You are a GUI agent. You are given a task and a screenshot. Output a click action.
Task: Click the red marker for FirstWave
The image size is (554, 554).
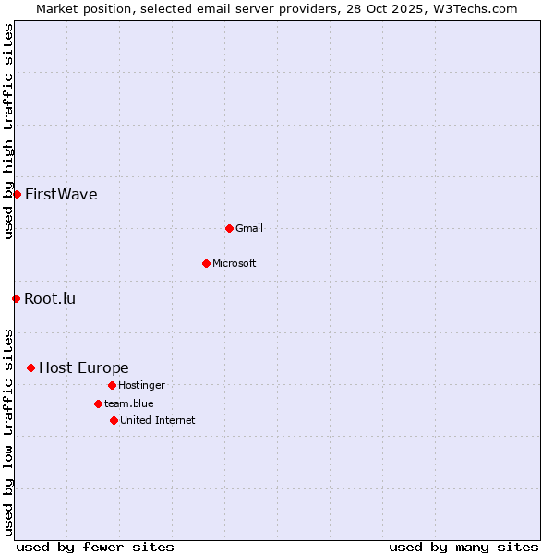pyautogui.click(x=17, y=194)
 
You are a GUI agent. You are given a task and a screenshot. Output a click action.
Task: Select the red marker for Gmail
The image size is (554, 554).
pyautogui.click(x=229, y=228)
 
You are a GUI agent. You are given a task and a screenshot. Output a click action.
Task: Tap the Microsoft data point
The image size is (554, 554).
pyautogui.click(x=206, y=263)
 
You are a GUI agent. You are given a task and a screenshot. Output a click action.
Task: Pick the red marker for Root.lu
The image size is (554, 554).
pyautogui.click(x=16, y=298)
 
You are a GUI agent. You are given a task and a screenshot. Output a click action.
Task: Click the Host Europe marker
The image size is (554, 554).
pyautogui.click(x=30, y=367)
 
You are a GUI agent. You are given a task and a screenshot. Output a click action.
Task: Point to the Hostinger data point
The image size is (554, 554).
pyautogui.click(x=112, y=385)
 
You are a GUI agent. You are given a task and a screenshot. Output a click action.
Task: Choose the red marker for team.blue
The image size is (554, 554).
pyautogui.click(x=98, y=403)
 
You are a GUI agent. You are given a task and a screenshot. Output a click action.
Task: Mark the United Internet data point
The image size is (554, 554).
pyautogui.click(x=114, y=420)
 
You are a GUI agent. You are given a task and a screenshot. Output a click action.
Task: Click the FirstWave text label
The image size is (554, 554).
pyautogui.click(x=61, y=194)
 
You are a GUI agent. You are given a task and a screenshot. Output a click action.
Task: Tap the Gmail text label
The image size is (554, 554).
pyautogui.click(x=249, y=228)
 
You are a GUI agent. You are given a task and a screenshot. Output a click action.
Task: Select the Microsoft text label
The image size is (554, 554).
pyautogui.click(x=235, y=263)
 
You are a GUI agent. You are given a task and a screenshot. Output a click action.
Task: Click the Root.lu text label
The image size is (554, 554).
pyautogui.click(x=50, y=298)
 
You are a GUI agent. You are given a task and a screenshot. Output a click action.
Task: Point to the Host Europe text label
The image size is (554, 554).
pyautogui.click(x=84, y=367)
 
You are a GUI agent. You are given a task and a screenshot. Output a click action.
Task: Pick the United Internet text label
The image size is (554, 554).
pyautogui.click(x=158, y=420)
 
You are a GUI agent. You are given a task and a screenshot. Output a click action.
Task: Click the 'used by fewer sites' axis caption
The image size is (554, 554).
pyautogui.click(x=95, y=547)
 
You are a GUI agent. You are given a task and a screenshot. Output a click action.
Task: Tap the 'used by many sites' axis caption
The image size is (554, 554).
pyautogui.click(x=464, y=547)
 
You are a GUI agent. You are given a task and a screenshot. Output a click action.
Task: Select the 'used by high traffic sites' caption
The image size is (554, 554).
pyautogui.click(x=8, y=131)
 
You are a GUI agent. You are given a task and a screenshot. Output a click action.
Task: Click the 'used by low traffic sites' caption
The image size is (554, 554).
pyautogui.click(x=8, y=431)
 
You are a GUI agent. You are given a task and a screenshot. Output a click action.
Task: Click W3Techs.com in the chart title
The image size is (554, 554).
pyautogui.click(x=472, y=8)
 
